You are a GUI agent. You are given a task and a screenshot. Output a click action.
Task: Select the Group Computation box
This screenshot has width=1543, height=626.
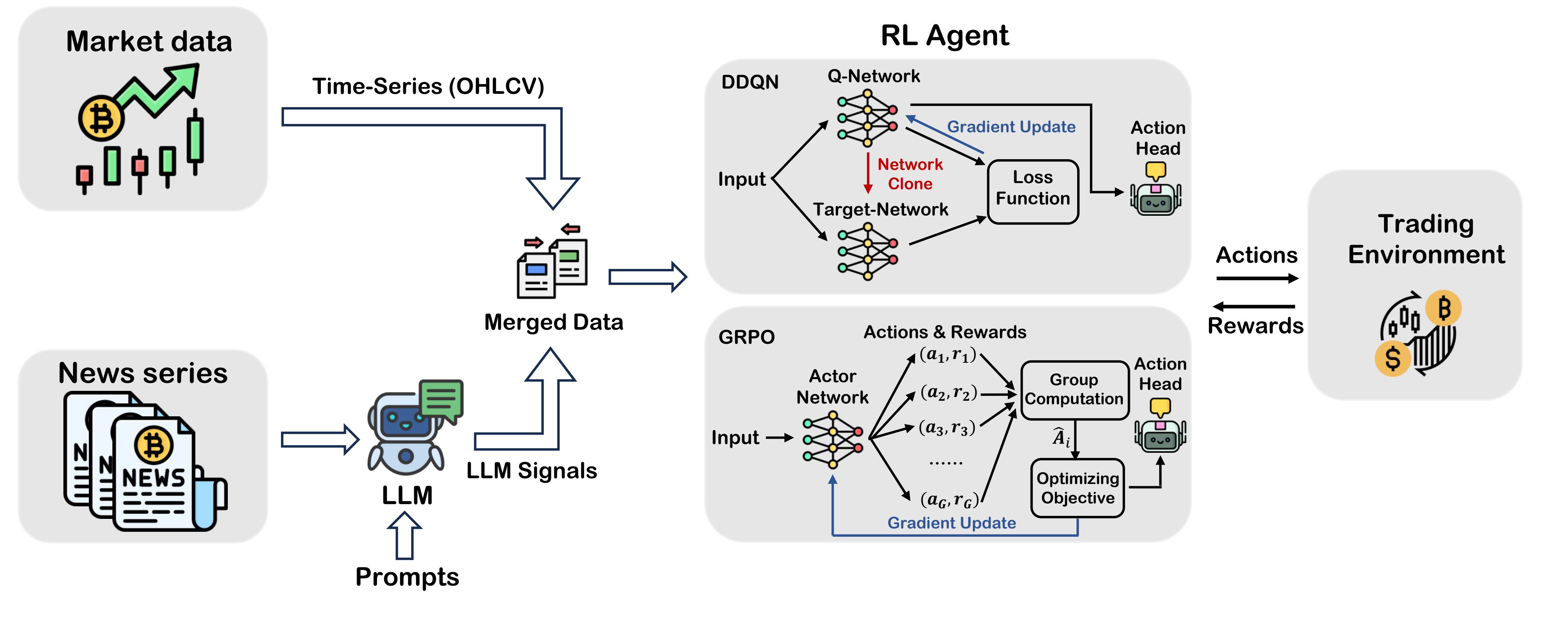1074,389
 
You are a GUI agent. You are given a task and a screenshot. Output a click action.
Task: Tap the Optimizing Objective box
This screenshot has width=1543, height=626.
1077,488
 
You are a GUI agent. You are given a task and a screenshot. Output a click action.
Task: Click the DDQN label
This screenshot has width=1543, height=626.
749,82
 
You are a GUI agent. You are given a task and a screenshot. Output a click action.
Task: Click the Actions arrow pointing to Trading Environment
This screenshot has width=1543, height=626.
1257,278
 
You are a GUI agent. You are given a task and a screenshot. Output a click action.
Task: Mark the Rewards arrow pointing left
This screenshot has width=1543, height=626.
1254,307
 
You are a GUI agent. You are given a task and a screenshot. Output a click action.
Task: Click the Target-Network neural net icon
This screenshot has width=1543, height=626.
867,251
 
